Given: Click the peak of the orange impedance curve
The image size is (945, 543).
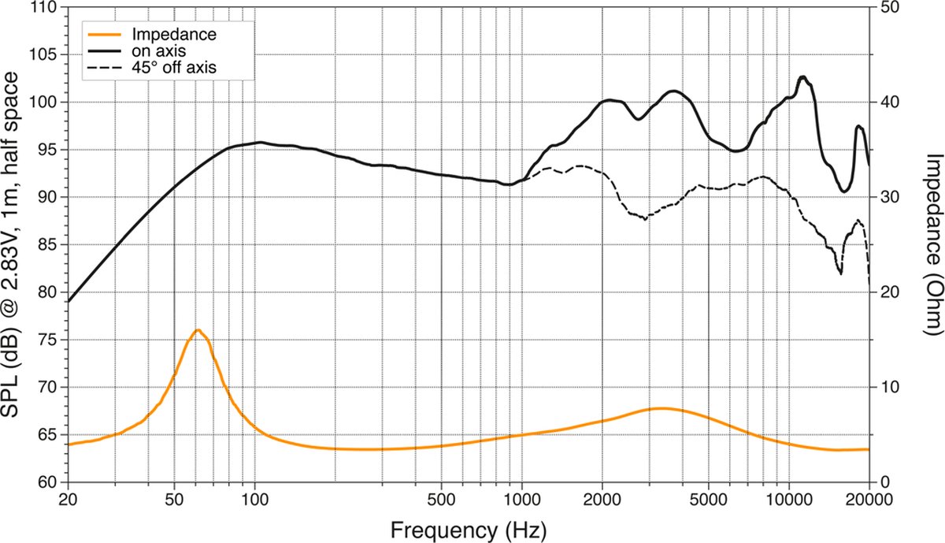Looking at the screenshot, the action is pos(198,329).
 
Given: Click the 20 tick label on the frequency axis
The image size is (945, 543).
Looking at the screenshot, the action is pos(68,500).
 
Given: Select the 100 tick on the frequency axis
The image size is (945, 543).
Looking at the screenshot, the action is pos(254,500).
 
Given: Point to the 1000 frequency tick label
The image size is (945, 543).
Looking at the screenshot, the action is pos(522,500).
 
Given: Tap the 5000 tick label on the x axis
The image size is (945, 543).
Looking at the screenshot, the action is pos(708,500).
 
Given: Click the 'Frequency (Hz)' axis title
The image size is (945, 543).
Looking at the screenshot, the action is pos(469,530).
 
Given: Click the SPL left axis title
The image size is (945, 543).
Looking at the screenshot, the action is pos(10,245).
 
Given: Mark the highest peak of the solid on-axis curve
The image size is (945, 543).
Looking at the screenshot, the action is pos(802,77).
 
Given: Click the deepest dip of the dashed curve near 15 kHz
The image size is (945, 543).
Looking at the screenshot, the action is pos(840,274).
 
